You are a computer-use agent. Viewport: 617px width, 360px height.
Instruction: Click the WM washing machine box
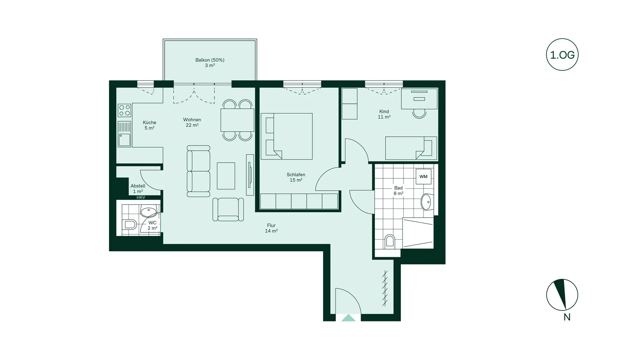pos(423,176)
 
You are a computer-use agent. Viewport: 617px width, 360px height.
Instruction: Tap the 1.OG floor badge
pos(562,55)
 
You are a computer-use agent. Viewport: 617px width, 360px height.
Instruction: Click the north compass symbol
pos(562,295)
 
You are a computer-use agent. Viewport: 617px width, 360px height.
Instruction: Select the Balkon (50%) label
pos(210,60)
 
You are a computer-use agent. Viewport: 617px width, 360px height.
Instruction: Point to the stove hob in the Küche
pos(124,110)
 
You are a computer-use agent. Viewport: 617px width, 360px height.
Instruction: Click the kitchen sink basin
pos(124,140)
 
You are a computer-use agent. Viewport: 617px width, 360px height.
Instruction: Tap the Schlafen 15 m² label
pos(296,177)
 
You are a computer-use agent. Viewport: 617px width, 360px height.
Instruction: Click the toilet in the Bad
pos(389,241)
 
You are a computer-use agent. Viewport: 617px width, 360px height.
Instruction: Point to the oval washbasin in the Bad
pos(426,202)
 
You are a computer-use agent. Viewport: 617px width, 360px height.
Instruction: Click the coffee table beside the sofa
pos(226,176)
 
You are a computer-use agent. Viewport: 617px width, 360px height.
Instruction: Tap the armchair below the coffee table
pos(228,209)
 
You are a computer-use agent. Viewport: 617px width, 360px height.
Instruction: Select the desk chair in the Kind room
pos(419,113)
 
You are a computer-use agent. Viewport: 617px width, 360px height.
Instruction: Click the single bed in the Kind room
pos(411,148)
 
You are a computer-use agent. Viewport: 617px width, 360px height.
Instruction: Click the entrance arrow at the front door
pos(348,318)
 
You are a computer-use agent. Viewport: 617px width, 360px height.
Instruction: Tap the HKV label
pos(141,197)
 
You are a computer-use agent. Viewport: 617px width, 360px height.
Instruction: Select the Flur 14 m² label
pos(271,228)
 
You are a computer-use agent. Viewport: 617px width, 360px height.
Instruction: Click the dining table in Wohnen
pos(237,120)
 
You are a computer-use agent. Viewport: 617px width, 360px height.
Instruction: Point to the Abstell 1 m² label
pos(138,188)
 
